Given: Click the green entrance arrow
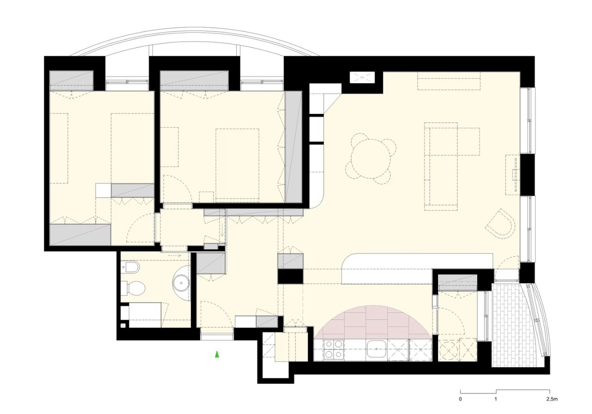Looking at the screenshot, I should (216, 354).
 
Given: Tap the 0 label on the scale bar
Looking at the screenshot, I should (461, 399).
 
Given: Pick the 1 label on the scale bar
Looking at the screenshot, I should (496, 399).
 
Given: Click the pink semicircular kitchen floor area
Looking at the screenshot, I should (374, 322).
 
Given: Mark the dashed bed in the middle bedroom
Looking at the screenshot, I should (237, 165).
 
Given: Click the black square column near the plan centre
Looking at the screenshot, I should (290, 276).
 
